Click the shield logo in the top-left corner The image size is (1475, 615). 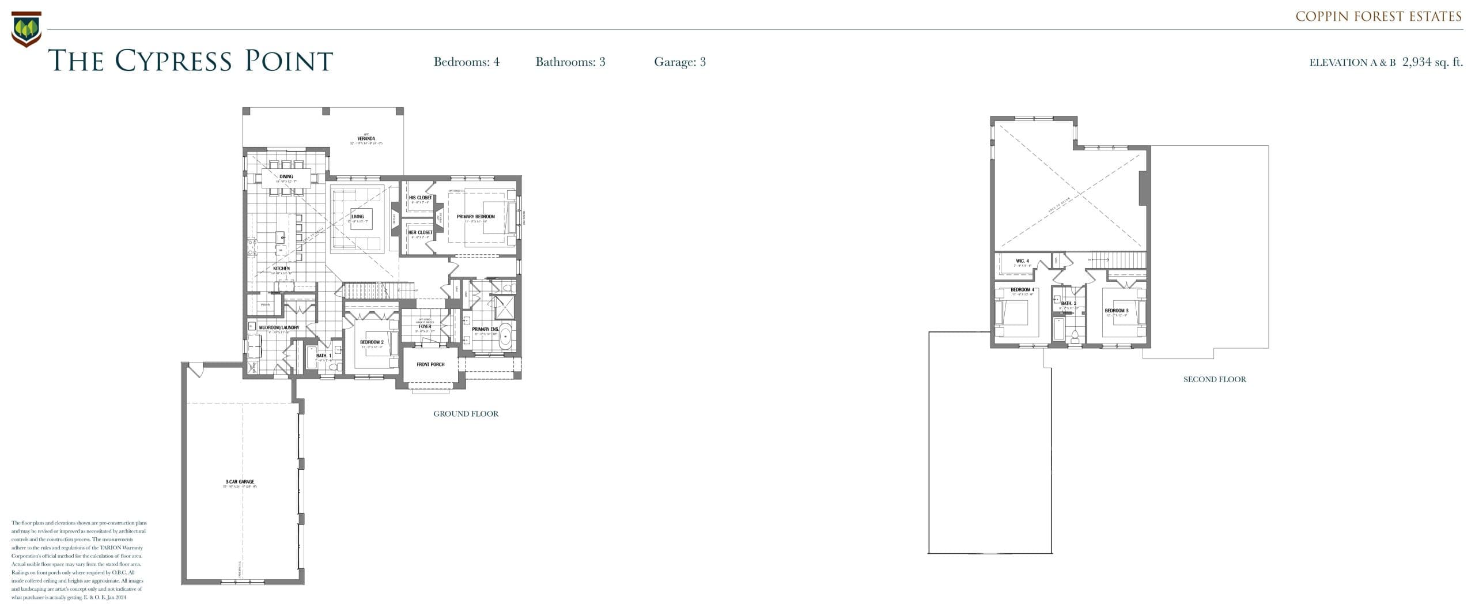(x=26, y=29)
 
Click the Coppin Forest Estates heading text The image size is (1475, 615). (x=1378, y=17)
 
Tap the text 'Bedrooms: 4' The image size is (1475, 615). (x=466, y=62)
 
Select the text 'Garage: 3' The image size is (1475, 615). (x=679, y=62)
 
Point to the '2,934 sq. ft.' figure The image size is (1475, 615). (x=1432, y=62)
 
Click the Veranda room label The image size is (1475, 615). (x=366, y=138)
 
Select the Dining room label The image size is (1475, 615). (x=286, y=176)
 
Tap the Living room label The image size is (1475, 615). (x=357, y=217)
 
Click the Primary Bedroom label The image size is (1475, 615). (x=475, y=217)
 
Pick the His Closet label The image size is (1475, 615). (x=420, y=198)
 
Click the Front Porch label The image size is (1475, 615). (x=430, y=364)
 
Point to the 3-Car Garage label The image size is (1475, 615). (x=240, y=482)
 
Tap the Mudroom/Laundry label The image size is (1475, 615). (x=279, y=327)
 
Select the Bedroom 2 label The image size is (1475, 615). (x=372, y=342)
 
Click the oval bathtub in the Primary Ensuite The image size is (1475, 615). (x=505, y=337)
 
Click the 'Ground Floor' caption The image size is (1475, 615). (x=466, y=414)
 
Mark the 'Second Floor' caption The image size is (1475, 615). (x=1215, y=379)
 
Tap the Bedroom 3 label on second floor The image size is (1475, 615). (x=1116, y=311)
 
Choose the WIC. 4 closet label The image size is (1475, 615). (x=1022, y=261)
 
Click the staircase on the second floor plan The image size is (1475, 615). (x=1118, y=260)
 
